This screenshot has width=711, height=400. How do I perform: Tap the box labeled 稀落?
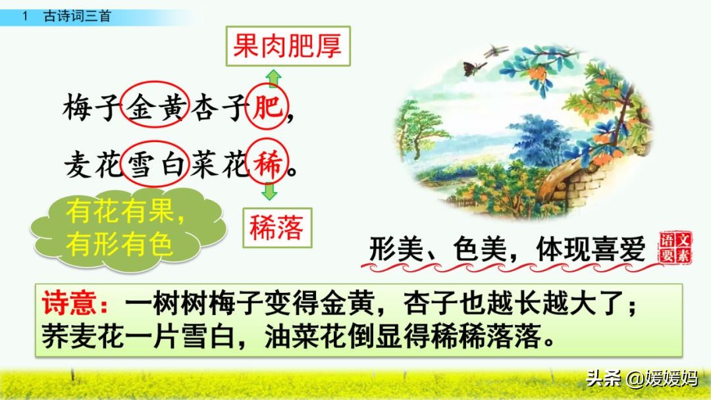(276, 228)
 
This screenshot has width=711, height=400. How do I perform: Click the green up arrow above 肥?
(274, 79)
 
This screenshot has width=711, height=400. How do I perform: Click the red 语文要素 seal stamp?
(675, 247)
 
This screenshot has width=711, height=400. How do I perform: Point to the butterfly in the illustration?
(473, 67)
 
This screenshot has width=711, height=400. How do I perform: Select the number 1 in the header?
(24, 16)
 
